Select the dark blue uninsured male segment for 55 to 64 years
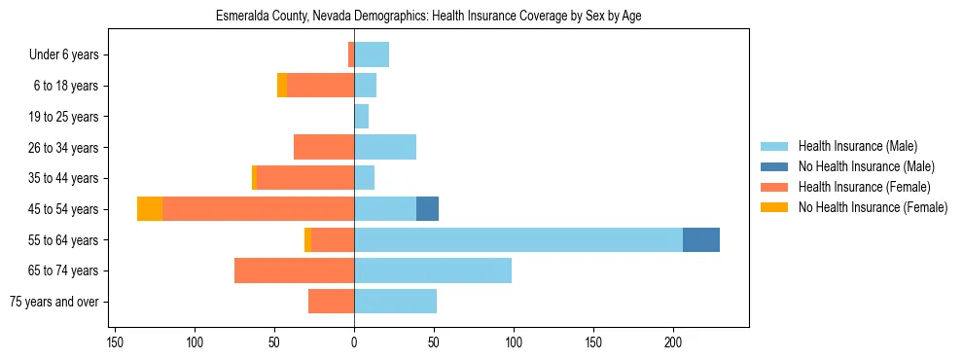click(700, 240)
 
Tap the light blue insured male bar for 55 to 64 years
click(518, 240)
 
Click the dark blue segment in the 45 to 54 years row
click(427, 209)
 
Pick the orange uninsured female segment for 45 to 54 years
click(150, 209)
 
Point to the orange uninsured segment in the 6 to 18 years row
click(282, 86)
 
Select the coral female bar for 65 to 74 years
click(294, 270)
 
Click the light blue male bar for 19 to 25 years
click(361, 117)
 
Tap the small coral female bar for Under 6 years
click(351, 55)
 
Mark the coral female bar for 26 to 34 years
click(324, 148)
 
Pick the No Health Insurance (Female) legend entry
click(872, 207)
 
